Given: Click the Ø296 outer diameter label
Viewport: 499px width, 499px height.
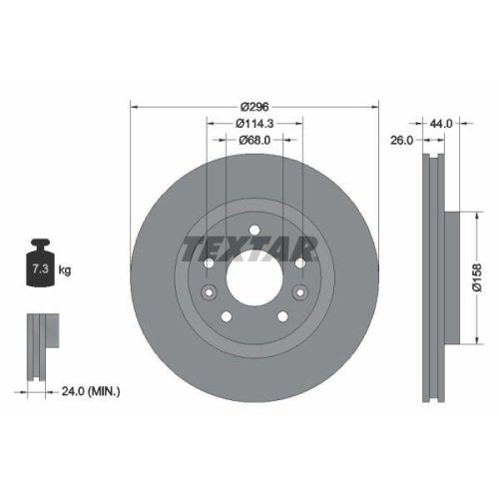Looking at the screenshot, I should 255,107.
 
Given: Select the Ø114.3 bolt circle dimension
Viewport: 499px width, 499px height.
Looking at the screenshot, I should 255,123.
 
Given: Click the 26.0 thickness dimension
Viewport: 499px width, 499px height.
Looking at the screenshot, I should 402,142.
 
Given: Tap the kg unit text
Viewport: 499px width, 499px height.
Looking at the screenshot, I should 65,270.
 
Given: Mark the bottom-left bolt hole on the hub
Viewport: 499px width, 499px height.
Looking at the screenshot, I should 225,316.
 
